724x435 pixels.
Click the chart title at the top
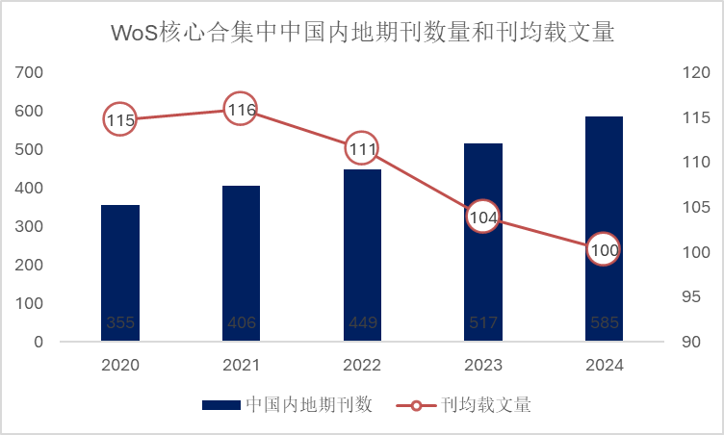point(362,32)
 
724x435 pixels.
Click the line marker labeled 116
point(242,110)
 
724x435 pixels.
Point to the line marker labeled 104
point(483,217)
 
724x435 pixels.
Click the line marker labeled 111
point(362,148)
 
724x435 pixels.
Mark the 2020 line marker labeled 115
point(120,120)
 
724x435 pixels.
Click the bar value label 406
point(242,323)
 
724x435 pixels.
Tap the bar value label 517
point(483,323)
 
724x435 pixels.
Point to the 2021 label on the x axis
point(242,366)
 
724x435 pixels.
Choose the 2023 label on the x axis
point(483,366)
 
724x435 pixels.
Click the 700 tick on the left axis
point(30,72)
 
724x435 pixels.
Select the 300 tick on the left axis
point(30,226)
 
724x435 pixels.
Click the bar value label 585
point(605,323)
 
